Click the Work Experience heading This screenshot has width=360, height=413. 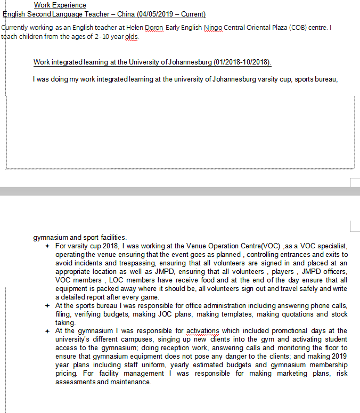point(60,5)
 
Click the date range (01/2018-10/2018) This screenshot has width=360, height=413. point(242,62)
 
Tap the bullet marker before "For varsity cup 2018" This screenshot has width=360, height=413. point(47,246)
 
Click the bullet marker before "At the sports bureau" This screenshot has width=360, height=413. point(47,305)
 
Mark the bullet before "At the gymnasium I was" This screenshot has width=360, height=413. point(47,331)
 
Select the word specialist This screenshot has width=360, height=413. point(331,246)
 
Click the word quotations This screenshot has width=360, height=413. point(297,314)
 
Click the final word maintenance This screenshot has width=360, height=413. point(130,382)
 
